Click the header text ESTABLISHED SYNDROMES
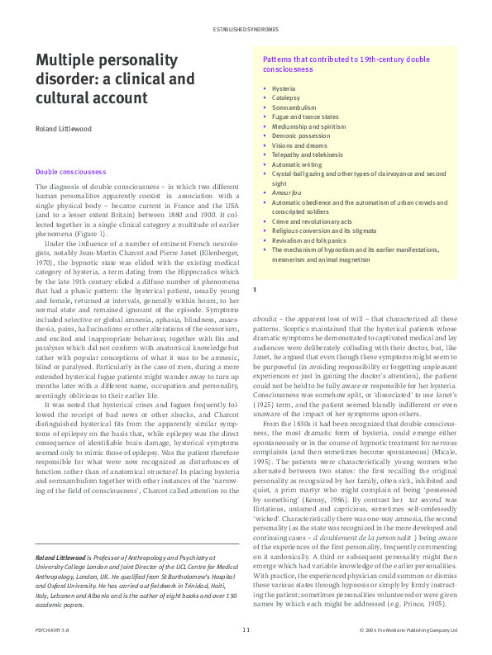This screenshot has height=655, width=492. [246, 29]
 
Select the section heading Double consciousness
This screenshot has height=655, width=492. [70, 172]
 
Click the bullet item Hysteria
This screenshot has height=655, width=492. [284, 88]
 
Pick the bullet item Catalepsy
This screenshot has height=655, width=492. [285, 97]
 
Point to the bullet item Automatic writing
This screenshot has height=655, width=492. [297, 165]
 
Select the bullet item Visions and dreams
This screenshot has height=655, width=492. [299, 145]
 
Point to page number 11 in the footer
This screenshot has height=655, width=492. [246, 630]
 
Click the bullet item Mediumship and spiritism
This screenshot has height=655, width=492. [308, 126]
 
